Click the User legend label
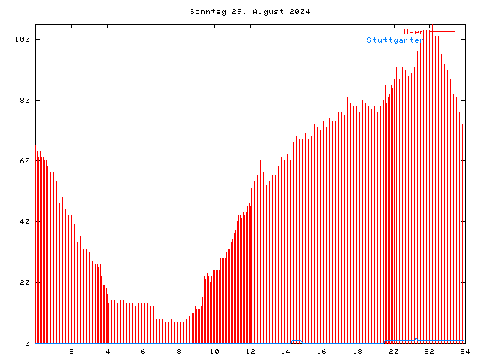(x=411, y=31)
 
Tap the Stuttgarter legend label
(x=393, y=40)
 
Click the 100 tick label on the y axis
(x=23, y=39)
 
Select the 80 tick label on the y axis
(x=25, y=100)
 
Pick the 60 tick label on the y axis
(x=25, y=160)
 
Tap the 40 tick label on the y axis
(x=25, y=221)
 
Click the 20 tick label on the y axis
(x=25, y=282)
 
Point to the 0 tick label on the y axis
(x=28, y=343)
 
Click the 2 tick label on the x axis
(x=72, y=351)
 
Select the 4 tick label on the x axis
(x=107, y=351)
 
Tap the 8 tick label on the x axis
(x=179, y=351)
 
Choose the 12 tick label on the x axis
(x=250, y=351)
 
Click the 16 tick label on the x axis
(x=322, y=351)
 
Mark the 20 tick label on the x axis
(x=393, y=351)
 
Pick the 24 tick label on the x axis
(x=464, y=351)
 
